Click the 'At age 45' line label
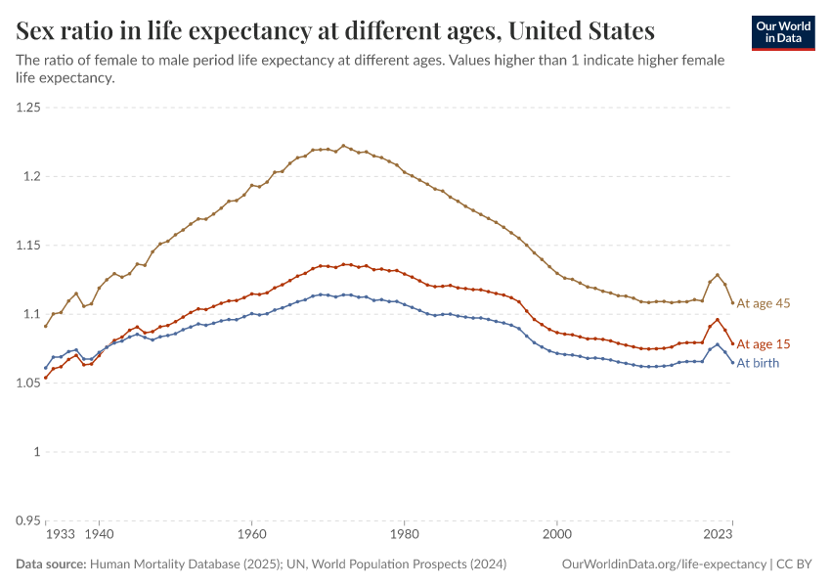pos(763,303)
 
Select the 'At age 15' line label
pos(763,344)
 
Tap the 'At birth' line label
pos(758,363)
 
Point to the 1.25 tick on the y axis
pos(28,108)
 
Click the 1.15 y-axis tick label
pos(28,246)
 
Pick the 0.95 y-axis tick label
pos(28,520)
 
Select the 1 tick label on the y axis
pos(36,452)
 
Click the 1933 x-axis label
pos(60,535)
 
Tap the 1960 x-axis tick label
pos(251,535)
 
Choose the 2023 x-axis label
pos(719,535)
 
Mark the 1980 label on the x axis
pos(404,535)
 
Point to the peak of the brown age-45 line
pos(343,146)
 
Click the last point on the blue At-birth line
pos(732,363)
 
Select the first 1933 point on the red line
pos(46,378)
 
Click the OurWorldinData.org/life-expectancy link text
pos(665,564)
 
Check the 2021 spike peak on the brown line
pos(718,275)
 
